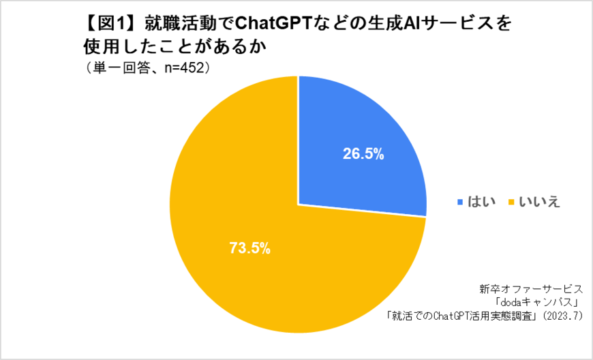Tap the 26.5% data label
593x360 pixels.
pyautogui.click(x=363, y=154)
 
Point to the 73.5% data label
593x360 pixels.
pyautogui.click(x=249, y=248)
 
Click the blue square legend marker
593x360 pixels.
pyautogui.click(x=460, y=202)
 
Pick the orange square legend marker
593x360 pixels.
pyautogui.click(x=508, y=202)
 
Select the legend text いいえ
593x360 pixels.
pyautogui.click(x=539, y=202)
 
